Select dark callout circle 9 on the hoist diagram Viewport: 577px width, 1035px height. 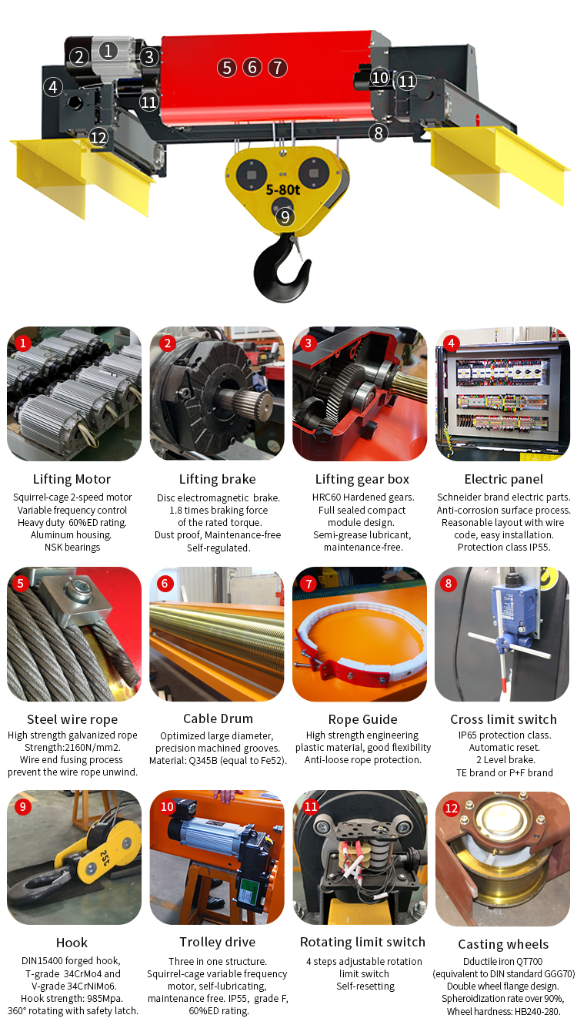click(x=285, y=217)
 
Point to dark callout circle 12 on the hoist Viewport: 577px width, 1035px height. click(x=98, y=137)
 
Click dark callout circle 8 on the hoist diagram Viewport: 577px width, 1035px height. click(x=377, y=132)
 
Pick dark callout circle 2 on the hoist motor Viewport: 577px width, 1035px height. click(x=78, y=57)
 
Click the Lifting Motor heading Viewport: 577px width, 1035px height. click(x=72, y=479)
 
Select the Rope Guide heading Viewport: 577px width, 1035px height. click(x=362, y=719)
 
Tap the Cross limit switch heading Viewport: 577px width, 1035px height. click(x=503, y=719)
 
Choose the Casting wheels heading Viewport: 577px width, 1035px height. click(x=503, y=944)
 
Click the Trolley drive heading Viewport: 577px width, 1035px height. click(x=217, y=942)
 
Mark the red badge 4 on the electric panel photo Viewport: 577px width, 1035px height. click(x=450, y=343)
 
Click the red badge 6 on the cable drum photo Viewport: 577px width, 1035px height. click(x=164, y=584)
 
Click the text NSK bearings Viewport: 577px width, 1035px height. click(x=72, y=548)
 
